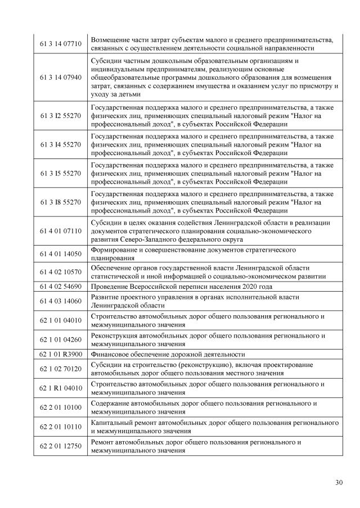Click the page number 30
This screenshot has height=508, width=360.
tap(338, 482)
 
